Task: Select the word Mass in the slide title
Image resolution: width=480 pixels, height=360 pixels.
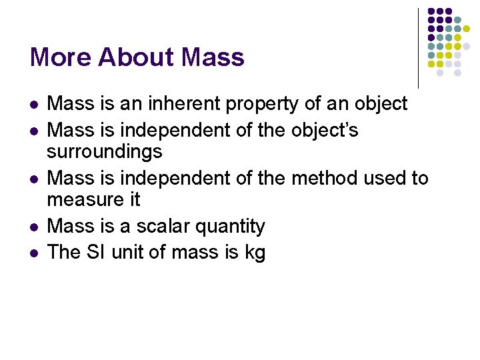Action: click(213, 57)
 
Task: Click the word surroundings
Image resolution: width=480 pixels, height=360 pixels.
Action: click(105, 153)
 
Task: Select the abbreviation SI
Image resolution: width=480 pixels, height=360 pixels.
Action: click(97, 252)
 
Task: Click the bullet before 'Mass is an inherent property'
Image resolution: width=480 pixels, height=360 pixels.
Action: click(34, 105)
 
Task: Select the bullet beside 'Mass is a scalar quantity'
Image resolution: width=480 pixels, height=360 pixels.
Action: click(34, 227)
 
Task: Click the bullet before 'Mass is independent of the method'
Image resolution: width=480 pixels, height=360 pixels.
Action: click(34, 179)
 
